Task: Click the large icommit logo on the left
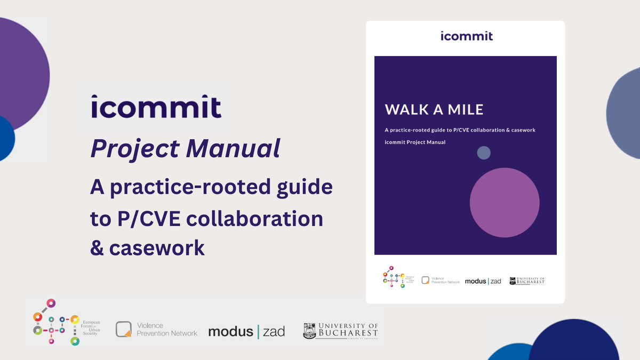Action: pyautogui.click(x=156, y=107)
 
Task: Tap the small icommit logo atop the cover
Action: pyautogui.click(x=467, y=36)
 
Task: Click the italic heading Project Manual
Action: pyautogui.click(x=185, y=148)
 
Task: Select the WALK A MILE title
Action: pyautogui.click(x=434, y=110)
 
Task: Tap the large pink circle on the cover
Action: pyautogui.click(x=505, y=203)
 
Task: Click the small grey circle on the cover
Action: pyautogui.click(x=484, y=153)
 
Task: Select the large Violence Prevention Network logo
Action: pyautogui.click(x=156, y=330)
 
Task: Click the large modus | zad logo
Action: pyautogui.click(x=246, y=331)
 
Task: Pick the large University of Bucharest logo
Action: pyautogui.click(x=340, y=331)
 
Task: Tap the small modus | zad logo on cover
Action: pyautogui.click(x=483, y=281)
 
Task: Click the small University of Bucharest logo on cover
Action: pyautogui.click(x=527, y=281)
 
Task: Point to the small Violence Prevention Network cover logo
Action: pyautogui.click(x=440, y=281)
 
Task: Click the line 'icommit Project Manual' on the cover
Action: pyautogui.click(x=415, y=142)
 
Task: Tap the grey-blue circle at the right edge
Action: pyautogui.click(x=625, y=115)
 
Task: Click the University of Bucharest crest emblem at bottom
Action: pyautogui.click(x=310, y=331)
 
